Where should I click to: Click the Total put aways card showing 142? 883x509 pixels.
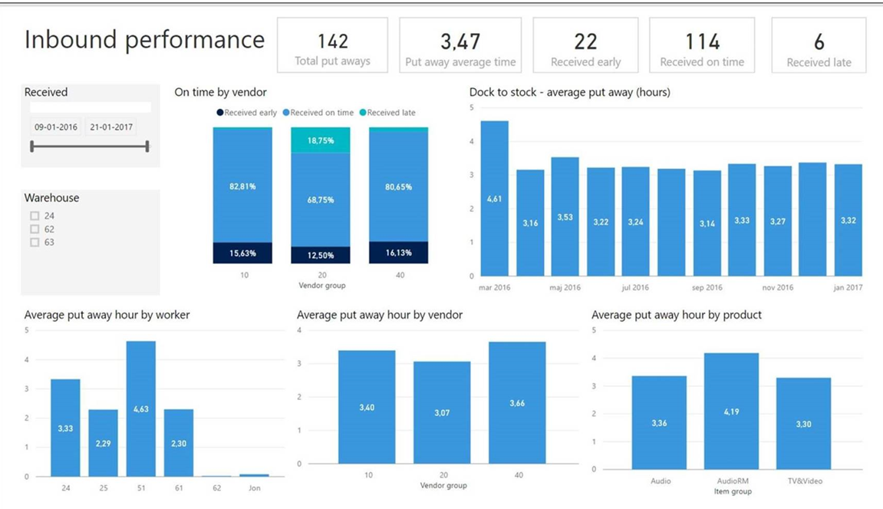[x=332, y=47]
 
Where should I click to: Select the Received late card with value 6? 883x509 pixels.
[x=819, y=47]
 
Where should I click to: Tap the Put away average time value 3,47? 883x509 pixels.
[x=460, y=41]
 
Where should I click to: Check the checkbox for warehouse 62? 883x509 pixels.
[x=35, y=230]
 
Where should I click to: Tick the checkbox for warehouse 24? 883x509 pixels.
[x=35, y=216]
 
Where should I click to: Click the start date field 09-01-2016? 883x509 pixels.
[x=55, y=127]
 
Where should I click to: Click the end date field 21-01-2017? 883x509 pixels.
[x=111, y=127]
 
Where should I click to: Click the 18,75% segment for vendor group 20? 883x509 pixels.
[x=320, y=140]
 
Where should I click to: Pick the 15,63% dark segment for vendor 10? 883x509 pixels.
[x=242, y=253]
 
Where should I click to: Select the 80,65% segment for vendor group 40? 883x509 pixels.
[x=398, y=187]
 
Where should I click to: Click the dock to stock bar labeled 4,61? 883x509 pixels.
[x=494, y=198]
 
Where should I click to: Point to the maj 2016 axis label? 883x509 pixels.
[x=565, y=288]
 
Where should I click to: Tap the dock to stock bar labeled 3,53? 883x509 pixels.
[x=565, y=216]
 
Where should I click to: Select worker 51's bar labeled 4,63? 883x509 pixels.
[x=141, y=409]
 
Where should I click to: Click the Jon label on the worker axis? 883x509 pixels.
[x=254, y=488]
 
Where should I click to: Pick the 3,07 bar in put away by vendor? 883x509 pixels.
[x=441, y=412]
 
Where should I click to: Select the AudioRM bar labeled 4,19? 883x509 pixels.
[x=731, y=411]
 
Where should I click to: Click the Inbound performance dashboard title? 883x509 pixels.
[x=144, y=40]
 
